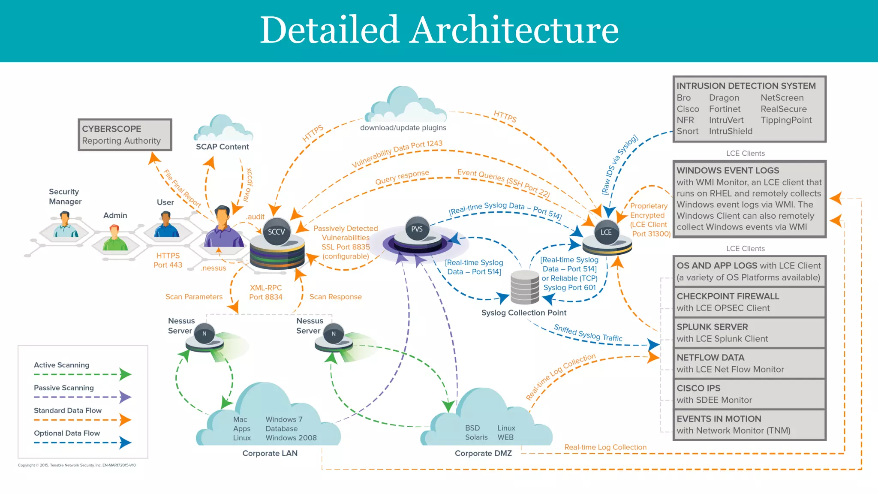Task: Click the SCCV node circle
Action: (x=277, y=232)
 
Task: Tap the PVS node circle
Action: (x=417, y=229)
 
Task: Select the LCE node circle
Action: (x=606, y=232)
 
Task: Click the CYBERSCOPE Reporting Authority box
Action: (x=125, y=135)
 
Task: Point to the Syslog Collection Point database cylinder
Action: (x=525, y=287)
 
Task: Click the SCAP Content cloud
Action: (x=223, y=129)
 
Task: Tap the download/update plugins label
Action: (x=403, y=128)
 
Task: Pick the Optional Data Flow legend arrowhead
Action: (x=125, y=443)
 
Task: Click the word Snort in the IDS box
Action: (x=687, y=131)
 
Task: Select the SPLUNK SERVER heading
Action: (x=712, y=327)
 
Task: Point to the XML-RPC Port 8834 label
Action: (x=266, y=292)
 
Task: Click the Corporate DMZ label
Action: (x=483, y=453)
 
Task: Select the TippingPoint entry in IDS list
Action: (x=786, y=120)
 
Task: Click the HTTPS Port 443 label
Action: (x=168, y=260)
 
